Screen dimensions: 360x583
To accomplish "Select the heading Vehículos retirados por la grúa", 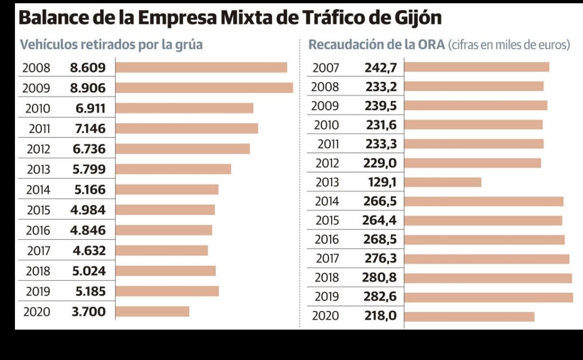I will click(x=111, y=45).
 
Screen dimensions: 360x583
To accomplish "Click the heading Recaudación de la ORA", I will click(x=376, y=45).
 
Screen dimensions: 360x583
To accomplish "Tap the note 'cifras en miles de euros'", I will click(x=509, y=45).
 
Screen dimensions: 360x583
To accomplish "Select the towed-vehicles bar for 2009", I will click(x=204, y=88).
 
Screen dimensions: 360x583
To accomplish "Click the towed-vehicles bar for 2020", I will click(x=152, y=311).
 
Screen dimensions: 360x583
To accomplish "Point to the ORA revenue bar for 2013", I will click(x=442, y=182).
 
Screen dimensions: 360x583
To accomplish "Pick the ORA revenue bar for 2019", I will click(x=488, y=297).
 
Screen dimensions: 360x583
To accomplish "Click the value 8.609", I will click(x=88, y=68).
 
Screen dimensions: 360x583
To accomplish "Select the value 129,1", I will click(x=380, y=182).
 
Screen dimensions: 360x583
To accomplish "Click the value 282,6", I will click(x=379, y=297).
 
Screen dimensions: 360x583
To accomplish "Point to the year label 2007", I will click(x=326, y=68).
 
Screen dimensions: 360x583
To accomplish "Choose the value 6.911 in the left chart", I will click(x=91, y=108).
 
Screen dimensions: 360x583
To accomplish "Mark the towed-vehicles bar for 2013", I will click(x=173, y=169).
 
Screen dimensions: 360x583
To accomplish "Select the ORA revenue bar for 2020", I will click(x=469, y=317).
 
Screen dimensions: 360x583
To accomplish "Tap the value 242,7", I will click(x=381, y=68).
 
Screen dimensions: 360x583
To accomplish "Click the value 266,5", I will click(x=380, y=202).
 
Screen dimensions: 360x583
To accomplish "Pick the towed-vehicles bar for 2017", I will click(x=162, y=251).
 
